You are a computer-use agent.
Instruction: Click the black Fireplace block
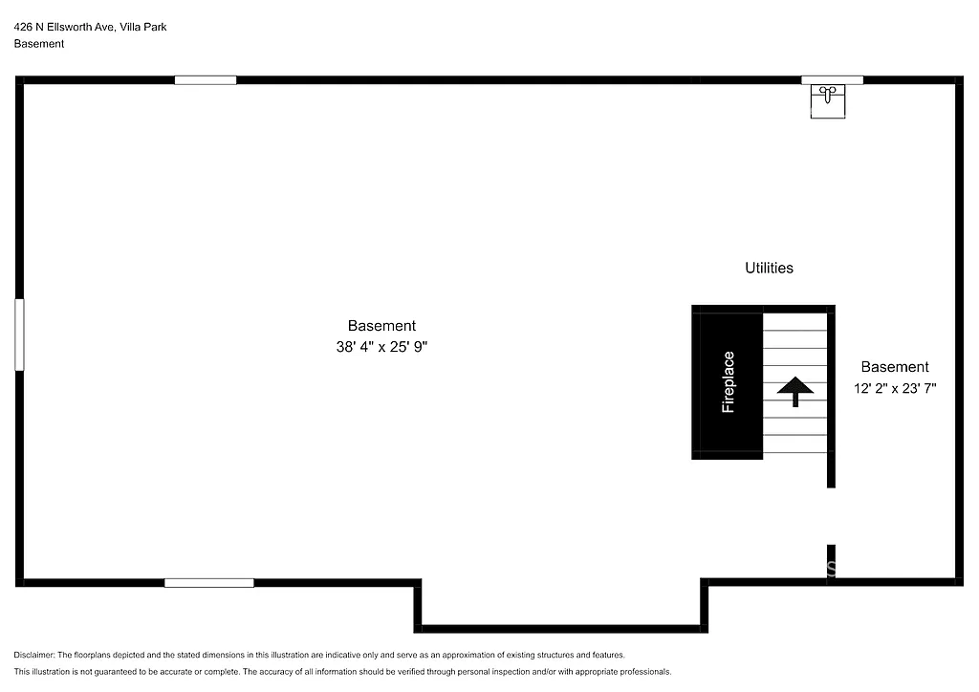(x=728, y=382)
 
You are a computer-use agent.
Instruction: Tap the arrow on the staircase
(x=794, y=390)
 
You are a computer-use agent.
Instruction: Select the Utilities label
(x=769, y=269)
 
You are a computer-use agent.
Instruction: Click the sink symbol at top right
(x=828, y=99)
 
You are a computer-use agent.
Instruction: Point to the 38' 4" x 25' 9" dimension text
(x=381, y=348)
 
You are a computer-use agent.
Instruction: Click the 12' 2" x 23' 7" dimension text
(x=894, y=389)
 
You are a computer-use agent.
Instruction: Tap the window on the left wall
(x=19, y=335)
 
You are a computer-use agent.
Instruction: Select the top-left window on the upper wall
(x=206, y=80)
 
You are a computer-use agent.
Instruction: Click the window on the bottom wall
(x=208, y=582)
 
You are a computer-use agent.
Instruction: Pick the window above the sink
(x=832, y=80)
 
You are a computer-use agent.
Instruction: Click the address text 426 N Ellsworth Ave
(x=63, y=28)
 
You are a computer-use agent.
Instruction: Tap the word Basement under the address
(x=39, y=44)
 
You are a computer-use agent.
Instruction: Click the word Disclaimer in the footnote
(x=34, y=655)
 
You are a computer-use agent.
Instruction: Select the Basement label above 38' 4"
(x=381, y=326)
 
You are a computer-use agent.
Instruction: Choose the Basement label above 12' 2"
(x=894, y=367)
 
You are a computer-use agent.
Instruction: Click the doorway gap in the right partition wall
(x=831, y=516)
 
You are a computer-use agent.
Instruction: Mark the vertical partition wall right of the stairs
(x=831, y=401)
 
